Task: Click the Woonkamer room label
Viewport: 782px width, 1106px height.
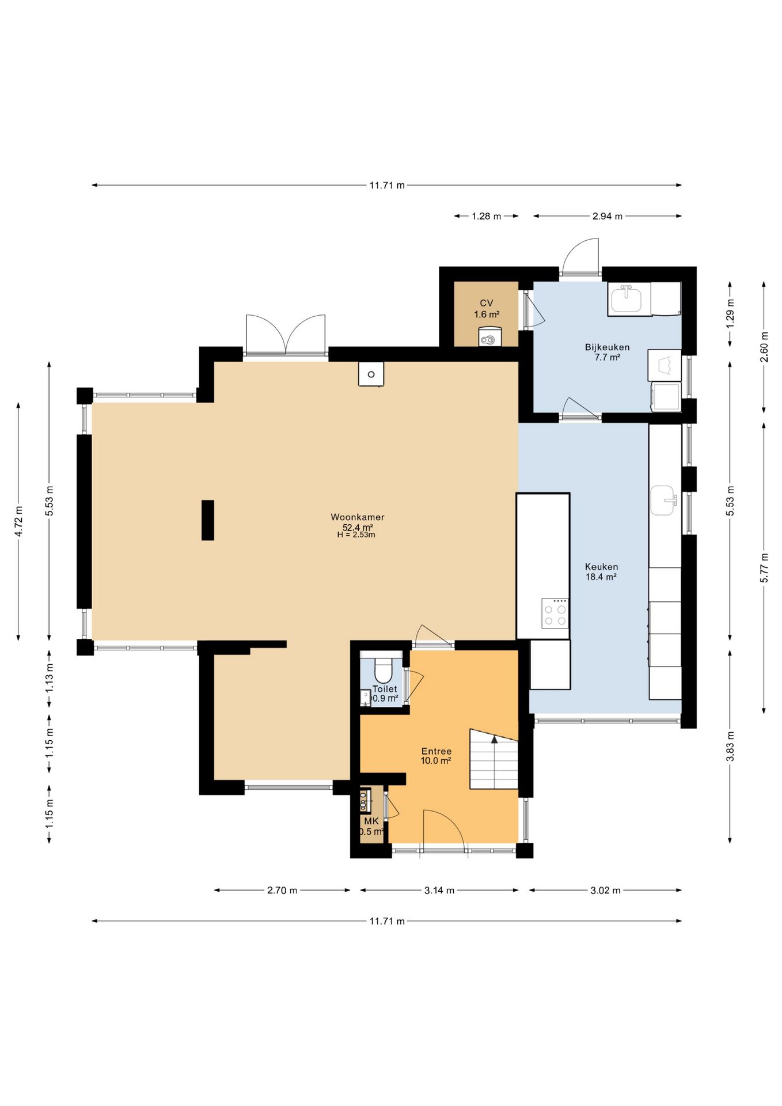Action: [357, 517]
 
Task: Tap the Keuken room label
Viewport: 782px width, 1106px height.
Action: [601, 567]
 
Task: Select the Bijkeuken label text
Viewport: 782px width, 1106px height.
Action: [607, 347]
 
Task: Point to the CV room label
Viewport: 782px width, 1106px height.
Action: [487, 304]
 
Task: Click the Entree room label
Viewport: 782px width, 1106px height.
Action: [436, 751]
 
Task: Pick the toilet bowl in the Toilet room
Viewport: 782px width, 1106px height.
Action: [384, 669]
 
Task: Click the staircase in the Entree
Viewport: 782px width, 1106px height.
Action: [494, 759]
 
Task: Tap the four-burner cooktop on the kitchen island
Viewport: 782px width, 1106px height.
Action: [555, 613]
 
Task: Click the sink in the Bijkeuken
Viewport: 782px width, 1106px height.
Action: [627, 300]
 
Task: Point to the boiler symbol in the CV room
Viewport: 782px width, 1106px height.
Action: [489, 337]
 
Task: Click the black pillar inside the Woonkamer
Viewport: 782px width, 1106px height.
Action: [208, 520]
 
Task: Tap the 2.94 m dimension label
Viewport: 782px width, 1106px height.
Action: [607, 217]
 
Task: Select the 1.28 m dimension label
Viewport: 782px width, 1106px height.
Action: [486, 217]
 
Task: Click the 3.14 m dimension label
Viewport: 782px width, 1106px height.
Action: [439, 891]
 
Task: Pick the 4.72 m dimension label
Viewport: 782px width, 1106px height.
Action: [19, 521]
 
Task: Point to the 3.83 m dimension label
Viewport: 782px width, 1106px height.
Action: [730, 747]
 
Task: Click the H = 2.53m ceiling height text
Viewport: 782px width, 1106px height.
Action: [356, 535]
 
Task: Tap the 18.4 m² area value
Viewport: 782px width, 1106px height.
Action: [601, 577]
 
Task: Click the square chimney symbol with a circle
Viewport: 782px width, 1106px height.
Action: [371, 374]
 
